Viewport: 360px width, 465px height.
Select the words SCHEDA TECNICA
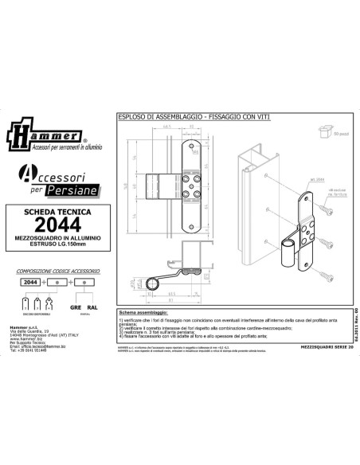click(x=53, y=212)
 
